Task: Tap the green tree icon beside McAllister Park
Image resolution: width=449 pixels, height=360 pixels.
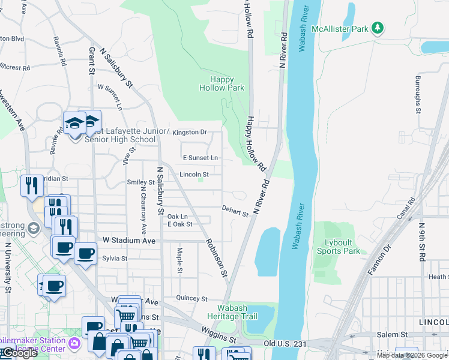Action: point(378,28)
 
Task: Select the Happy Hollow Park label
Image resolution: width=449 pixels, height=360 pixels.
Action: point(222,83)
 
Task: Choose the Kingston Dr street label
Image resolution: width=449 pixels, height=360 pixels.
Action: point(189,132)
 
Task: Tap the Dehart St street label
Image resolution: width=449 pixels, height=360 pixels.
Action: point(234,212)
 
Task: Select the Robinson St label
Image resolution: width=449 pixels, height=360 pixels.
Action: point(215,258)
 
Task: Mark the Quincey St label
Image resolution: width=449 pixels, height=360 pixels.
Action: point(191,298)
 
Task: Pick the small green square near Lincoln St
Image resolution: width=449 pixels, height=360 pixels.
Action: point(202,178)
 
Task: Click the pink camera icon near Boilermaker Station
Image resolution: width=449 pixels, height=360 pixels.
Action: point(74,344)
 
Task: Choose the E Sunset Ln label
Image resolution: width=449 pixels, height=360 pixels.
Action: point(200,158)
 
